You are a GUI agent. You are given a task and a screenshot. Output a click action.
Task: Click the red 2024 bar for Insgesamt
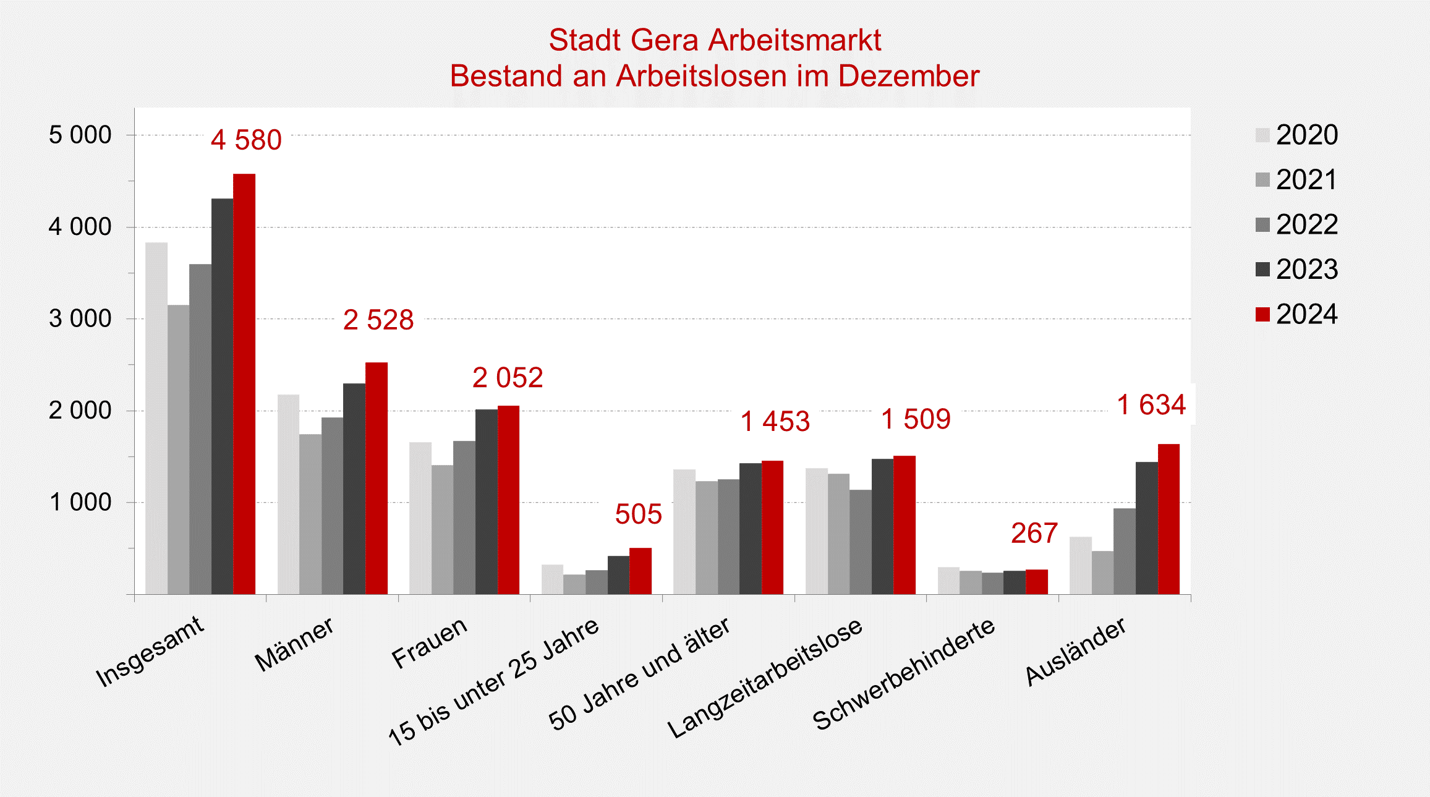pos(244,383)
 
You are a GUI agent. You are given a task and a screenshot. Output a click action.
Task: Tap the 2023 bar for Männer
pos(354,488)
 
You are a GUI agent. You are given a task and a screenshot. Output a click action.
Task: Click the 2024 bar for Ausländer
pos(1168,519)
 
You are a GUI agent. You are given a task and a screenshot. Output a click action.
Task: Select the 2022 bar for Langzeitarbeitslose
pos(861,542)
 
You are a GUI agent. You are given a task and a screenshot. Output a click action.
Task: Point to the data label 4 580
pos(246,140)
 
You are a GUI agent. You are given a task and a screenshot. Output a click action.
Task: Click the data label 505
pos(638,514)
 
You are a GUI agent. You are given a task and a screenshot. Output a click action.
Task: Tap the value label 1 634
pos(1151,405)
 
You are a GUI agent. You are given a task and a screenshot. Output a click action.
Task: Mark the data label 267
pos(1034,533)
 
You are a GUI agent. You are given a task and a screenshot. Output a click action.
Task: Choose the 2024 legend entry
pos(1297,314)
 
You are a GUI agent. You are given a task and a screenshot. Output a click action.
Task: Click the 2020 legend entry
pos(1297,135)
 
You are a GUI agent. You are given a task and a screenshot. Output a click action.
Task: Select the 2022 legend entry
pos(1297,224)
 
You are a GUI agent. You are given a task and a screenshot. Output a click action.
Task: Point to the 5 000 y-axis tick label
pos(80,135)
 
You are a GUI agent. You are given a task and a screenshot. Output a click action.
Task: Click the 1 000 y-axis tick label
pos(80,502)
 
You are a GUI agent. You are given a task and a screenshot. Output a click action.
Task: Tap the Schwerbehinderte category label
pos(904,675)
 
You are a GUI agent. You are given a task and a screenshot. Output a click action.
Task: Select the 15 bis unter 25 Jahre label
pos(493,681)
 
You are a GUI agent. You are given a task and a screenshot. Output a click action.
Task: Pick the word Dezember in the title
pos(909,76)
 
